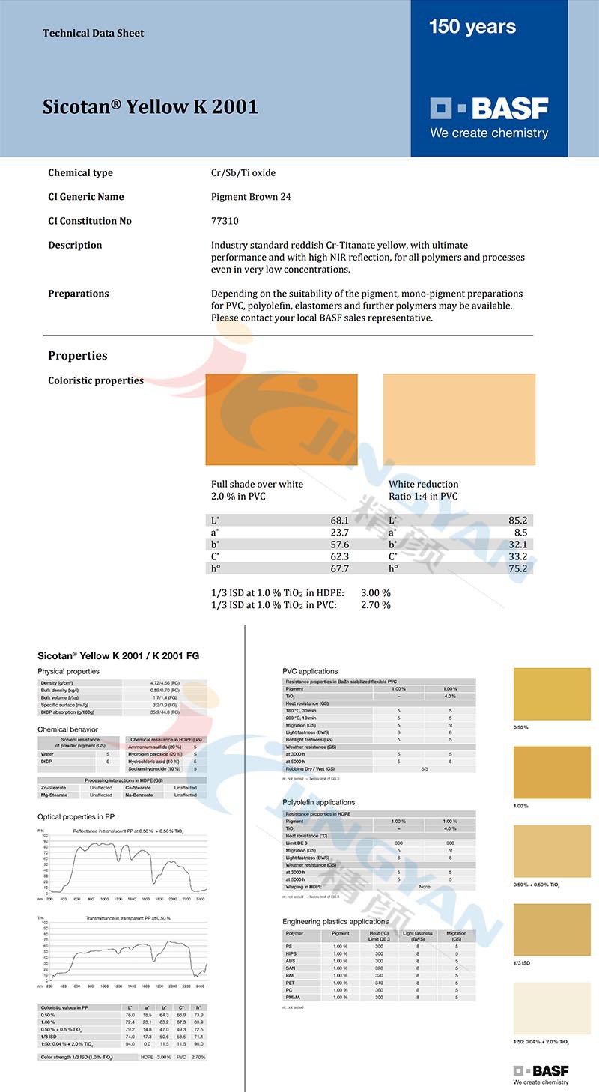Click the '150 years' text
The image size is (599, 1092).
coord(472,27)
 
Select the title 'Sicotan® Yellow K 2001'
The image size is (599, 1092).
coord(150,106)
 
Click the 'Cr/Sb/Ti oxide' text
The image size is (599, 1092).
coord(243,173)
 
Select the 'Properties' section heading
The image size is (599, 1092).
coord(78,355)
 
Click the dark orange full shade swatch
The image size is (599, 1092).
coord(282,419)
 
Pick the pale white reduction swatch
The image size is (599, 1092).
coord(459,419)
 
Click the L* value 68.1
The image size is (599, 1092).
coord(339,520)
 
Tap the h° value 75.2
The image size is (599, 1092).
coord(518,568)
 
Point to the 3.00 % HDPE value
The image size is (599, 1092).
coord(376,592)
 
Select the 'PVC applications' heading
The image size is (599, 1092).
coord(310,671)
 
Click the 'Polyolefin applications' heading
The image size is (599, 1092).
coord(318,802)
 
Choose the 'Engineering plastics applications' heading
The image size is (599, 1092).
coord(335,921)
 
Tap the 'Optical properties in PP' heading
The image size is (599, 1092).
coord(76,816)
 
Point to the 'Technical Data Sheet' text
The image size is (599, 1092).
coord(94,33)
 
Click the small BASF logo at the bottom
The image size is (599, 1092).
coord(541,1071)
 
